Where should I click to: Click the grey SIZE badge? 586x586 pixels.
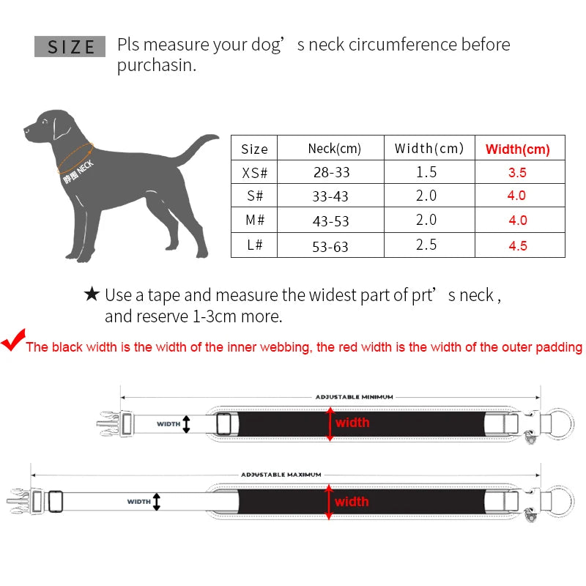71,47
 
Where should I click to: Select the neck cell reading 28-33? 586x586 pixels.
331,173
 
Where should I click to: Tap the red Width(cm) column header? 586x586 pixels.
517,149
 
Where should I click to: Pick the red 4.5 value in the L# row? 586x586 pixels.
517,245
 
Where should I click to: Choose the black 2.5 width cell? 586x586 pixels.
426,245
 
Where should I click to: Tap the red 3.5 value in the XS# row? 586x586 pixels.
517,174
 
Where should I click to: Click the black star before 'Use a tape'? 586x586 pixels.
92,294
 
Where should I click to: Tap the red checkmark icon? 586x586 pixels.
12,341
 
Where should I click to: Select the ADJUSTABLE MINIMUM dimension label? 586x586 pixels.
355,396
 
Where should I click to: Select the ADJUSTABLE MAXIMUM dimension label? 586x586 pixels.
281,475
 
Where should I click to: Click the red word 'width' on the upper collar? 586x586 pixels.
352,423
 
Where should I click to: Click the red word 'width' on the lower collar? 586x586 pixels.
352,502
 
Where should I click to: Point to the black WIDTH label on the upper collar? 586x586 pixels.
168,423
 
